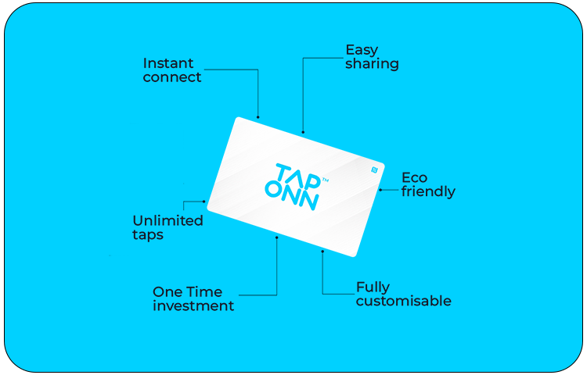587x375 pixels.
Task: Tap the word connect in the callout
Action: (172, 77)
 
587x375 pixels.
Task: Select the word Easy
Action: (362, 50)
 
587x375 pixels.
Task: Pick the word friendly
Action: (428, 191)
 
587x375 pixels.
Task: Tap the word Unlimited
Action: (167, 220)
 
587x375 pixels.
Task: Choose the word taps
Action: (148, 234)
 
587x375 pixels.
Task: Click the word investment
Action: (193, 306)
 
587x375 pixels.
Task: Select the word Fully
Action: (373, 287)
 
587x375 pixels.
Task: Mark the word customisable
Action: (403, 302)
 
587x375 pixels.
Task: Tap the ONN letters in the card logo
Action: (291, 198)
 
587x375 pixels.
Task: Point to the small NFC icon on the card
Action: (374, 169)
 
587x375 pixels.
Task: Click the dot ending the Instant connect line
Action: (258, 118)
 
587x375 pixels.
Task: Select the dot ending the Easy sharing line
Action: (303, 132)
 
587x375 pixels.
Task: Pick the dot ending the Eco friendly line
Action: (380, 190)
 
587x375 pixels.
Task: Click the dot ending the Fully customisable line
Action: (322, 252)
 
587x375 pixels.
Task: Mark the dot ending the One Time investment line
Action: (277, 237)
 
